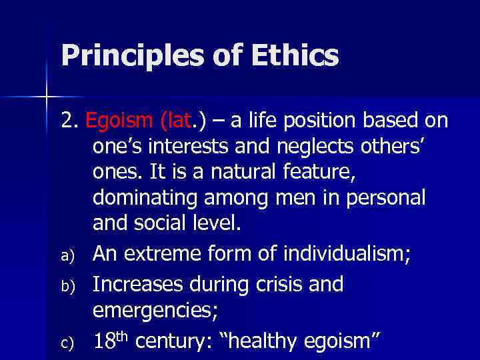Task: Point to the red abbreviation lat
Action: [175, 121]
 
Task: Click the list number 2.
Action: [69, 121]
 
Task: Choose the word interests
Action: [193, 145]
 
